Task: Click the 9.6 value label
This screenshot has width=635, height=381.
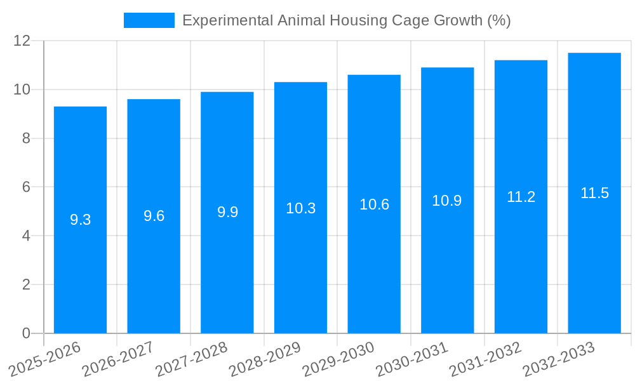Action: click(154, 216)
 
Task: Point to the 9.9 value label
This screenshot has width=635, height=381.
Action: click(227, 212)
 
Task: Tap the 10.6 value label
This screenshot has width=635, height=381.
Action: click(374, 204)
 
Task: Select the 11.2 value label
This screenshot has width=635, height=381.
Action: click(521, 197)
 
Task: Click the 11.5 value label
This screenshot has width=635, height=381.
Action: click(594, 193)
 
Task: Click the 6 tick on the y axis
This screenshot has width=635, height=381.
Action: click(26, 187)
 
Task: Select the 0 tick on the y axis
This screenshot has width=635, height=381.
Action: click(26, 333)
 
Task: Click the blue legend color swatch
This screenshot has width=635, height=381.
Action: click(149, 20)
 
